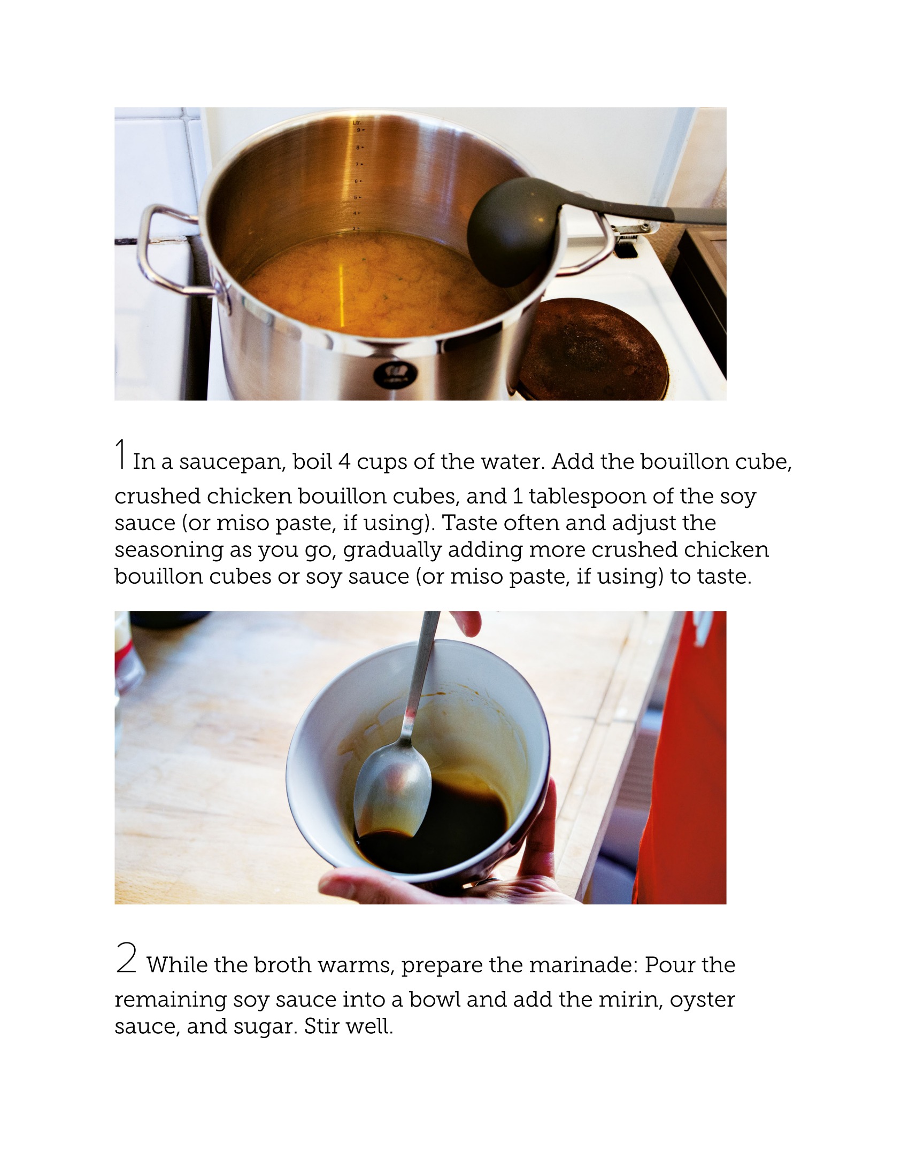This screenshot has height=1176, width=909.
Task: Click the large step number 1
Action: point(122,453)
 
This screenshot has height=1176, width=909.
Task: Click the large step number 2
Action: point(126,957)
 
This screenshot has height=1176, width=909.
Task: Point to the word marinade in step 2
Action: point(583,965)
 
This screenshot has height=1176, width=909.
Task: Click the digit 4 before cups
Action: point(344,461)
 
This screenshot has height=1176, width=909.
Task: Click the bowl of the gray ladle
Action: point(507,231)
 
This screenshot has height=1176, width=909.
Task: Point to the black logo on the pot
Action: point(388,372)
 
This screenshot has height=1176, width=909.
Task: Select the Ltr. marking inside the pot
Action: point(357,123)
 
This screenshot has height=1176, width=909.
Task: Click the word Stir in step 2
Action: point(321,1026)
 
